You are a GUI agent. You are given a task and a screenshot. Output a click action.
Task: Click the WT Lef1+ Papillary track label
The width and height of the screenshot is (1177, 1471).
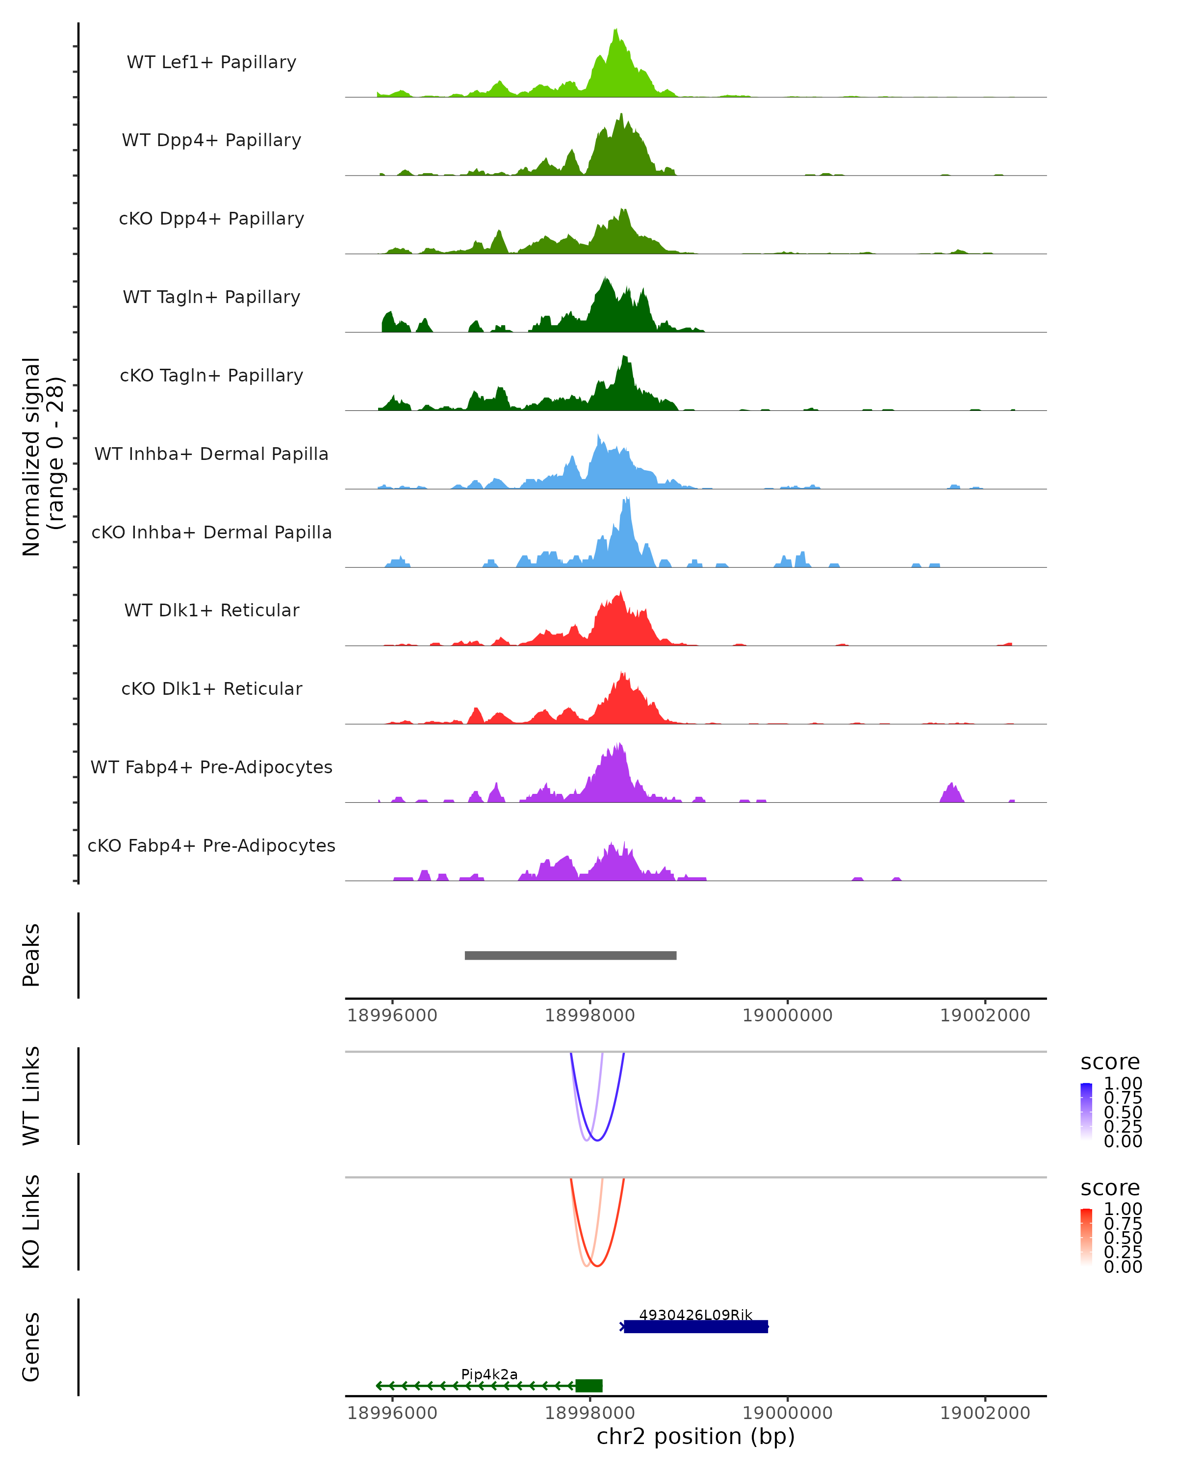coord(211,62)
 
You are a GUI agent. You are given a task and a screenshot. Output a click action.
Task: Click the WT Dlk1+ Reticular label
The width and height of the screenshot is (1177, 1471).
coord(211,610)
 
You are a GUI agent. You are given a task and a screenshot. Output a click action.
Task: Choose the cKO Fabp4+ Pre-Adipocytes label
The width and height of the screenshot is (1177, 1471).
coord(211,845)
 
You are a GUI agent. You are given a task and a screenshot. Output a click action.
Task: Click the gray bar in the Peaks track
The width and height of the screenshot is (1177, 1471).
coord(570,955)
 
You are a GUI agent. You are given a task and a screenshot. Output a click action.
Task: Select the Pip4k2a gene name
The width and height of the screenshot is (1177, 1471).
coord(489,1374)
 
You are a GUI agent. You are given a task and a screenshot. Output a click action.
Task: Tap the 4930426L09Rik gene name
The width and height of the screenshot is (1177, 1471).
coord(695,1315)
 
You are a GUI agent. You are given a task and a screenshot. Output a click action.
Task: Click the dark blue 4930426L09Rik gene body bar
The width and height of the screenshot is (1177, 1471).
coord(696,1326)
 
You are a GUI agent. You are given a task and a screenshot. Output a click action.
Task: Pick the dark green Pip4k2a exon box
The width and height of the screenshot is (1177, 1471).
coord(589,1386)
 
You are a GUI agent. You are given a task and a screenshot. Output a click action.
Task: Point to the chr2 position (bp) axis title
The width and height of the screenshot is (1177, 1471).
coord(695,1436)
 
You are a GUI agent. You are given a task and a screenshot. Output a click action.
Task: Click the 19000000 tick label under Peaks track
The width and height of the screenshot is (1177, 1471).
coord(788,1015)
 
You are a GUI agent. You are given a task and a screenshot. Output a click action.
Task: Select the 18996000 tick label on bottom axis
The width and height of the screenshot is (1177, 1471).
coord(392,1413)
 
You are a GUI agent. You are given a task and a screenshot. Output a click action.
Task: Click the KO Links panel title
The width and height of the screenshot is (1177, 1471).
coord(31,1221)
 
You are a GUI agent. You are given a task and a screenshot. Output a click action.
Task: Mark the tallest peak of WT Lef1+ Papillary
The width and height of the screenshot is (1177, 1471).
coord(615,31)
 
